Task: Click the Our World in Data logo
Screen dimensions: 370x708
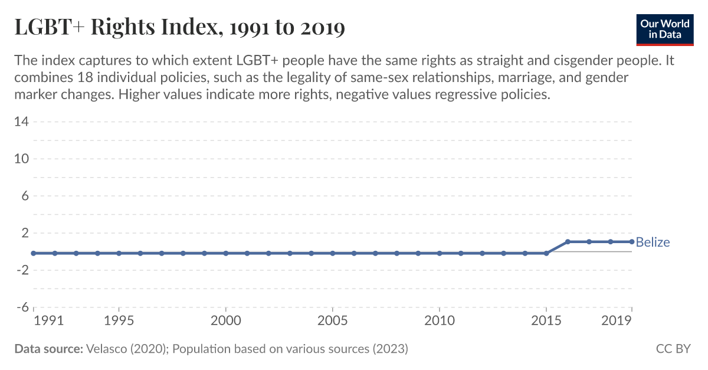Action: click(x=665, y=29)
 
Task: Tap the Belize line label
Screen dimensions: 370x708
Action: click(x=653, y=242)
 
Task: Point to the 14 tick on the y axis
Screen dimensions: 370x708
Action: click(x=22, y=122)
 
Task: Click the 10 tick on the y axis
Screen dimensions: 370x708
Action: click(x=22, y=159)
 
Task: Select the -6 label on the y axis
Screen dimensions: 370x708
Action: click(x=22, y=307)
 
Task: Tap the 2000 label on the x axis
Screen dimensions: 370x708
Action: click(x=226, y=321)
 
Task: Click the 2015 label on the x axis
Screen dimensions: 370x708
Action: click(x=546, y=321)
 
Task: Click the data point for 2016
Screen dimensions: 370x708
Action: click(x=568, y=241)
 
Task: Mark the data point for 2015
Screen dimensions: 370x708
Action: click(x=546, y=253)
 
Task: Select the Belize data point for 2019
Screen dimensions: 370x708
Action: click(x=631, y=241)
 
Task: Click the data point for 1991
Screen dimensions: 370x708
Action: click(x=34, y=253)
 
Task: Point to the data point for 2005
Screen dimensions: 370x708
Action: click(x=333, y=253)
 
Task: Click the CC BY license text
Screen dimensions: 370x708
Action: click(x=673, y=349)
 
